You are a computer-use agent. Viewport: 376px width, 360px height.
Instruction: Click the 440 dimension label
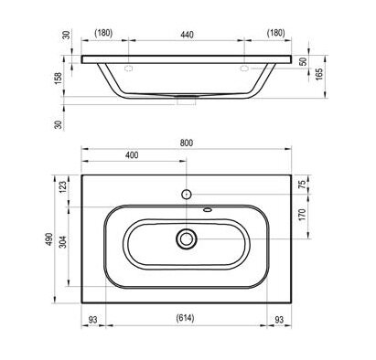tap(187, 35)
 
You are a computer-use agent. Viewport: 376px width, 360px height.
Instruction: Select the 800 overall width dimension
tap(187, 143)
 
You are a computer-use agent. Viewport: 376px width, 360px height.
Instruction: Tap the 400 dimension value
tap(132, 155)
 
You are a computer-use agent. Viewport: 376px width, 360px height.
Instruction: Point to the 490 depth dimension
tap(49, 239)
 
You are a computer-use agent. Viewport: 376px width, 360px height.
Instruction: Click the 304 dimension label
tap(62, 242)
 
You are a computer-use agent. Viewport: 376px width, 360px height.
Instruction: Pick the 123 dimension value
tap(62, 187)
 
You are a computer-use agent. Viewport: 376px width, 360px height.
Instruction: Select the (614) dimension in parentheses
tap(185, 318)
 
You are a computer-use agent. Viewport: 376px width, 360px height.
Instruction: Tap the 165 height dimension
tap(318, 74)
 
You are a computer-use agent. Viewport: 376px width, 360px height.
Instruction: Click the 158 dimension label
tap(58, 79)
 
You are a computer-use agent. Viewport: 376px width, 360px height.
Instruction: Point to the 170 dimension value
tap(302, 215)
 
